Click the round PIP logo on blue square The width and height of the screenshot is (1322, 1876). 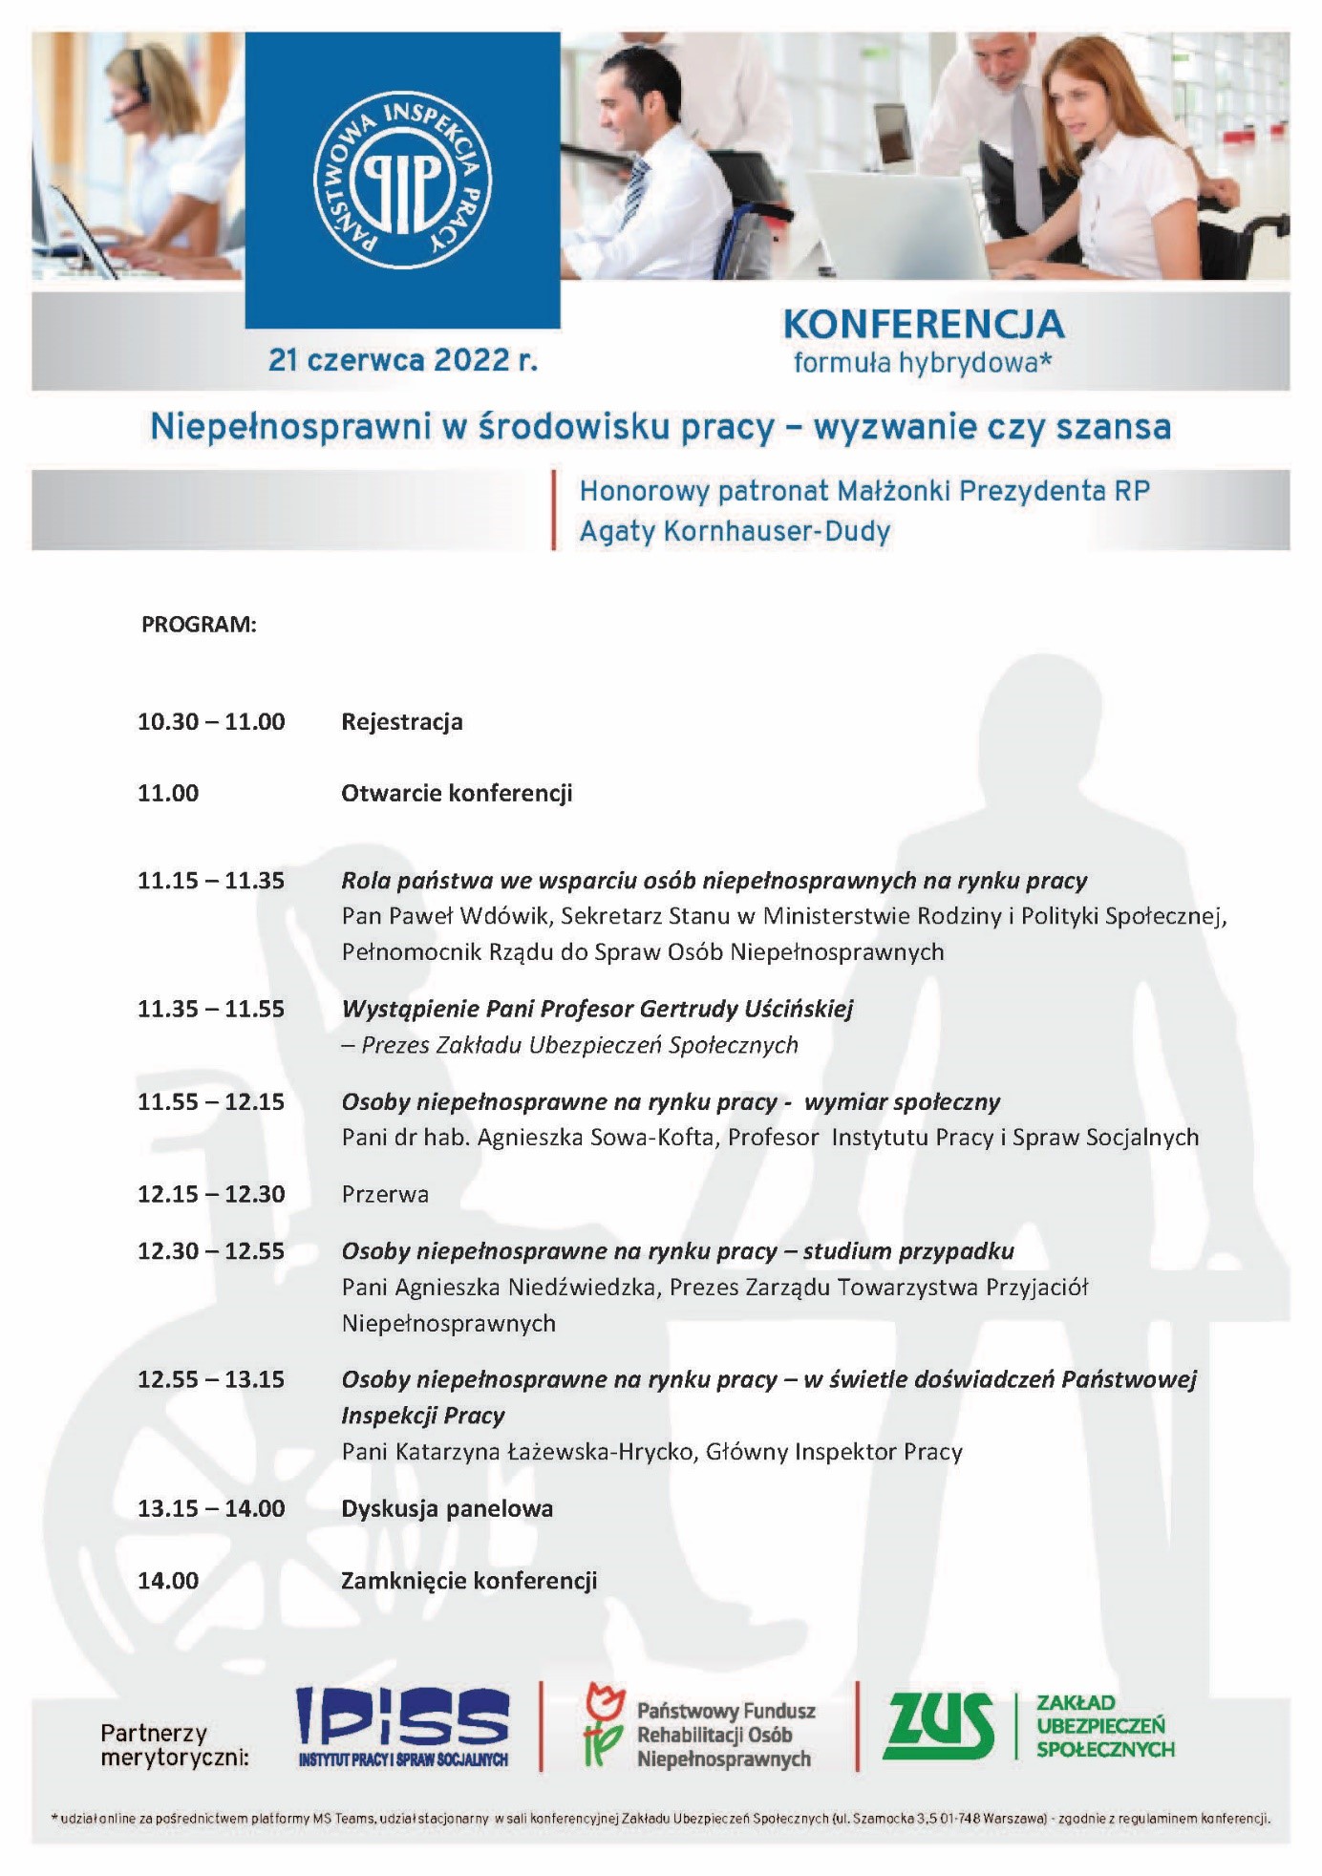click(402, 179)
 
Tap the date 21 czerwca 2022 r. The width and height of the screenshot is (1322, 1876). click(402, 360)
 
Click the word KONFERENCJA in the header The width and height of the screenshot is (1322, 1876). click(923, 325)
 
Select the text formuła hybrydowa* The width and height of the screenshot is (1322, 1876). click(922, 363)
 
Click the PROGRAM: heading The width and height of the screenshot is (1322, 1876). click(199, 625)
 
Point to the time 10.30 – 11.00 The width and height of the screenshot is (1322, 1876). click(211, 722)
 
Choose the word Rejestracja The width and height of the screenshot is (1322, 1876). click(402, 722)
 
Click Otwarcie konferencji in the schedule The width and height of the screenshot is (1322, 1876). click(457, 794)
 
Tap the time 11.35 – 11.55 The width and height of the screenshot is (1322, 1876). click(211, 1009)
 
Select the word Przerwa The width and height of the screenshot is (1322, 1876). click(385, 1195)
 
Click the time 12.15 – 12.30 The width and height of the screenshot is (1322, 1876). click(211, 1195)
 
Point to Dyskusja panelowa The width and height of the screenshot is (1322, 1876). click(447, 1509)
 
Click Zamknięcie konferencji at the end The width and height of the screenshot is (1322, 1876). click(469, 1581)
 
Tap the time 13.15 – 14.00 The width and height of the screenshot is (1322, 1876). click(211, 1509)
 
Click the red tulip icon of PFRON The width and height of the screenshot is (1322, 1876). click(603, 1725)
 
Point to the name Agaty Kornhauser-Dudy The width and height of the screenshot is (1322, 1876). click(735, 531)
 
